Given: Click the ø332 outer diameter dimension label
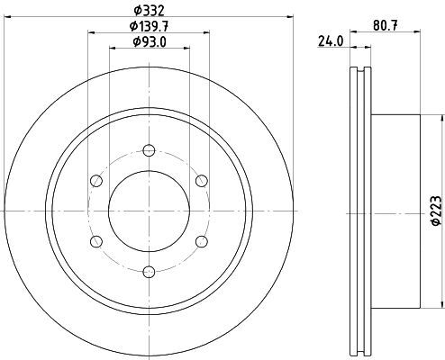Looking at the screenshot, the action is pyautogui.click(x=150, y=11).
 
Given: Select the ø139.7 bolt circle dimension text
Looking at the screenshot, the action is pyautogui.click(x=149, y=27).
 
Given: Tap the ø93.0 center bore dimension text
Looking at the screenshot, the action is pyautogui.click(x=150, y=42).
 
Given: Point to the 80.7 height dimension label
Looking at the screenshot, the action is pyautogui.click(x=386, y=26).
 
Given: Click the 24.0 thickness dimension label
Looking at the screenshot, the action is pyautogui.click(x=331, y=41).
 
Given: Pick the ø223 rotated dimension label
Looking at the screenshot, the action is pyautogui.click(x=436, y=211).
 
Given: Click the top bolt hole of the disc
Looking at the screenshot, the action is pyautogui.click(x=149, y=150).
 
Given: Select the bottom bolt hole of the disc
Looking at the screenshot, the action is pyautogui.click(x=149, y=272).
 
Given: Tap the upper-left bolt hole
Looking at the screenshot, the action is pyautogui.click(x=96, y=181).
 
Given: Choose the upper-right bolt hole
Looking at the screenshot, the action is pyautogui.click(x=202, y=181).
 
